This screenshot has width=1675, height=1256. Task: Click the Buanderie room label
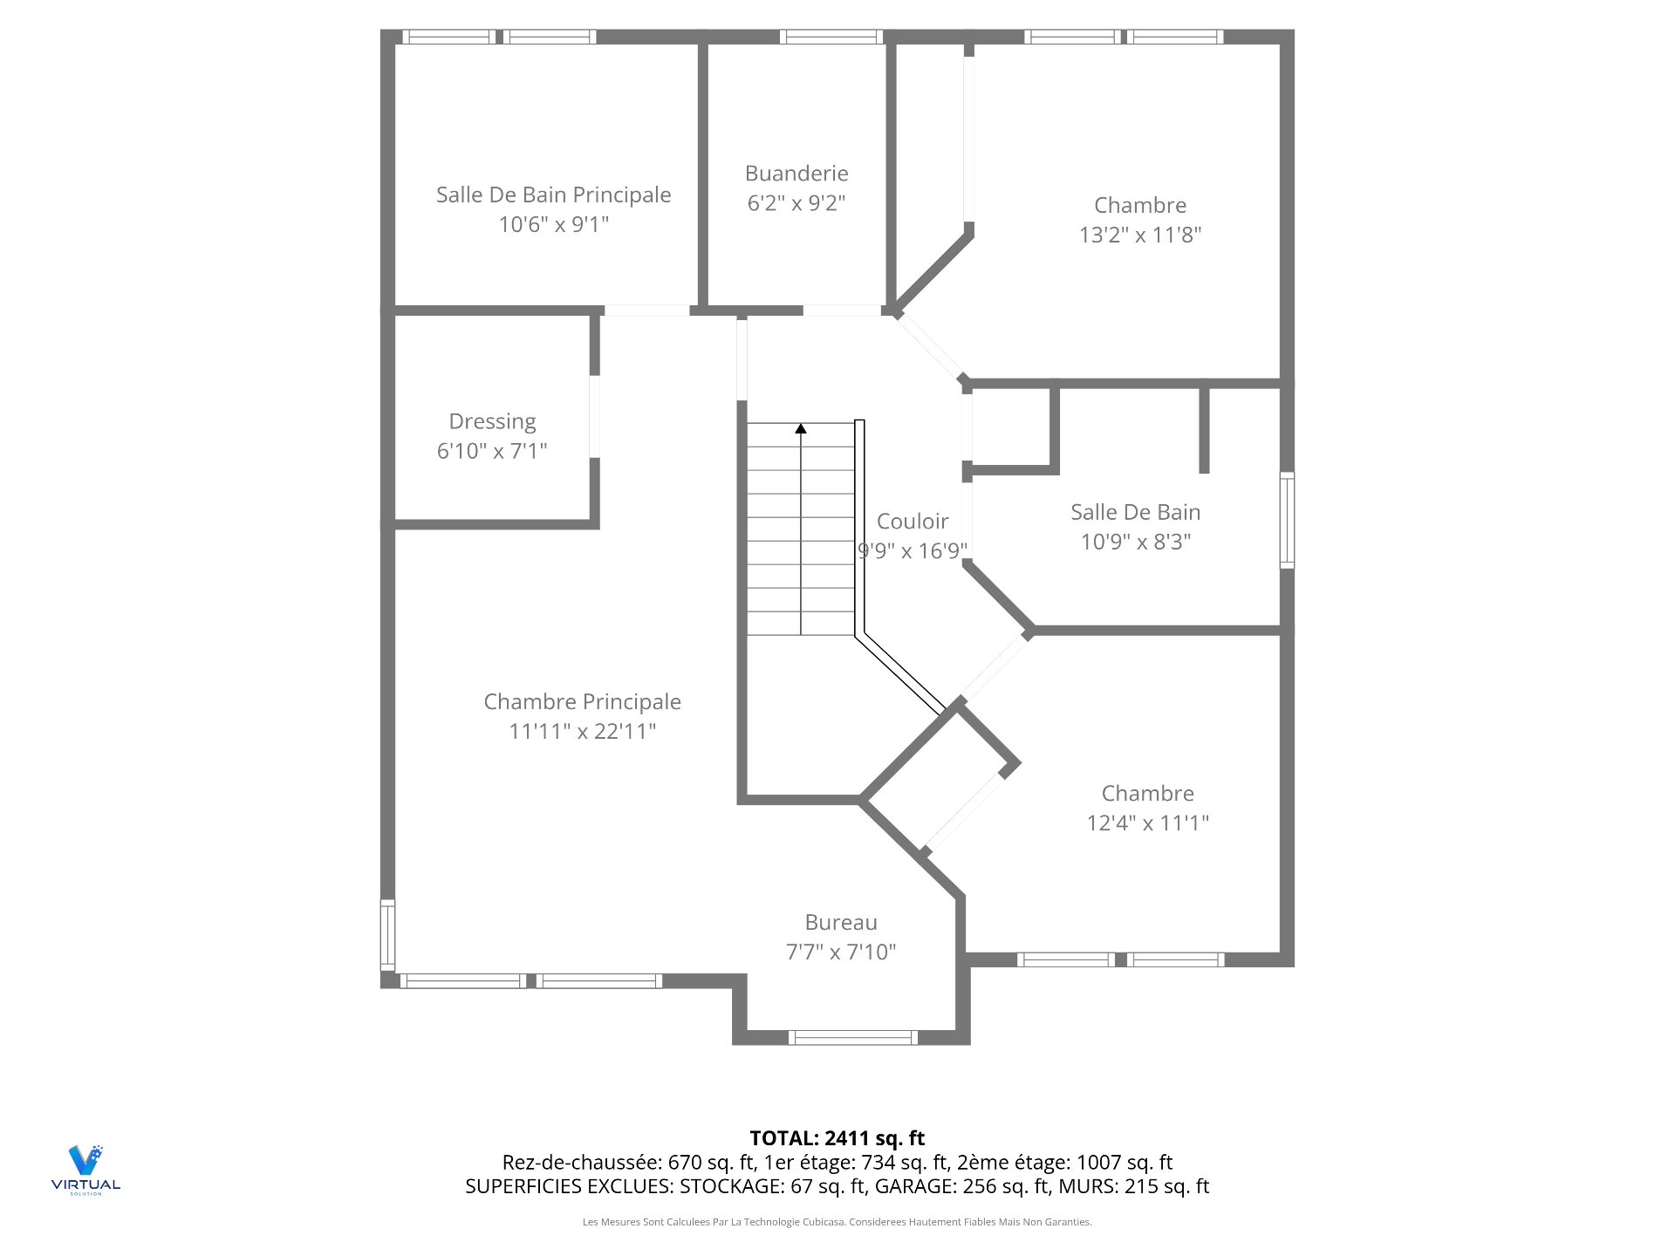(x=796, y=174)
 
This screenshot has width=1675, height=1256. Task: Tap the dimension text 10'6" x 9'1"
(x=554, y=224)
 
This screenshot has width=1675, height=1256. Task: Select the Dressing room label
(x=492, y=421)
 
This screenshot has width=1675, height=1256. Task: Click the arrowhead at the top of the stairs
(x=801, y=428)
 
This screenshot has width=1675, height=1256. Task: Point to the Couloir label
(x=912, y=522)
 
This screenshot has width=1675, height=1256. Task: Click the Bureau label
(x=841, y=923)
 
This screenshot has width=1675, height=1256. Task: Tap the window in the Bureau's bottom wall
(x=852, y=1037)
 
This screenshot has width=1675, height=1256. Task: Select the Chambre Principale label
(x=582, y=702)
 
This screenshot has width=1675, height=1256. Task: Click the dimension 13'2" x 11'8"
(x=1140, y=235)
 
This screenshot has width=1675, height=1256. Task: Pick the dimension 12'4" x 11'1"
(x=1147, y=823)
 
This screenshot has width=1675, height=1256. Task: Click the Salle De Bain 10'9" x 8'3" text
(x=1135, y=527)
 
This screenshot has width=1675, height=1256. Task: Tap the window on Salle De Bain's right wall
(x=1286, y=520)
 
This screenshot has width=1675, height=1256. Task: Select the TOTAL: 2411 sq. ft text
(x=837, y=1138)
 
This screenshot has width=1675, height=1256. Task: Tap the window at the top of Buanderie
(x=831, y=37)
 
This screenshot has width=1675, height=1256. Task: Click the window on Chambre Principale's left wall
(x=387, y=935)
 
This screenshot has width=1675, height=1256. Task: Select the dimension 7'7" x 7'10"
(x=841, y=952)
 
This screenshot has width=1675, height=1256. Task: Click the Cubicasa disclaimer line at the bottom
(x=837, y=1222)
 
